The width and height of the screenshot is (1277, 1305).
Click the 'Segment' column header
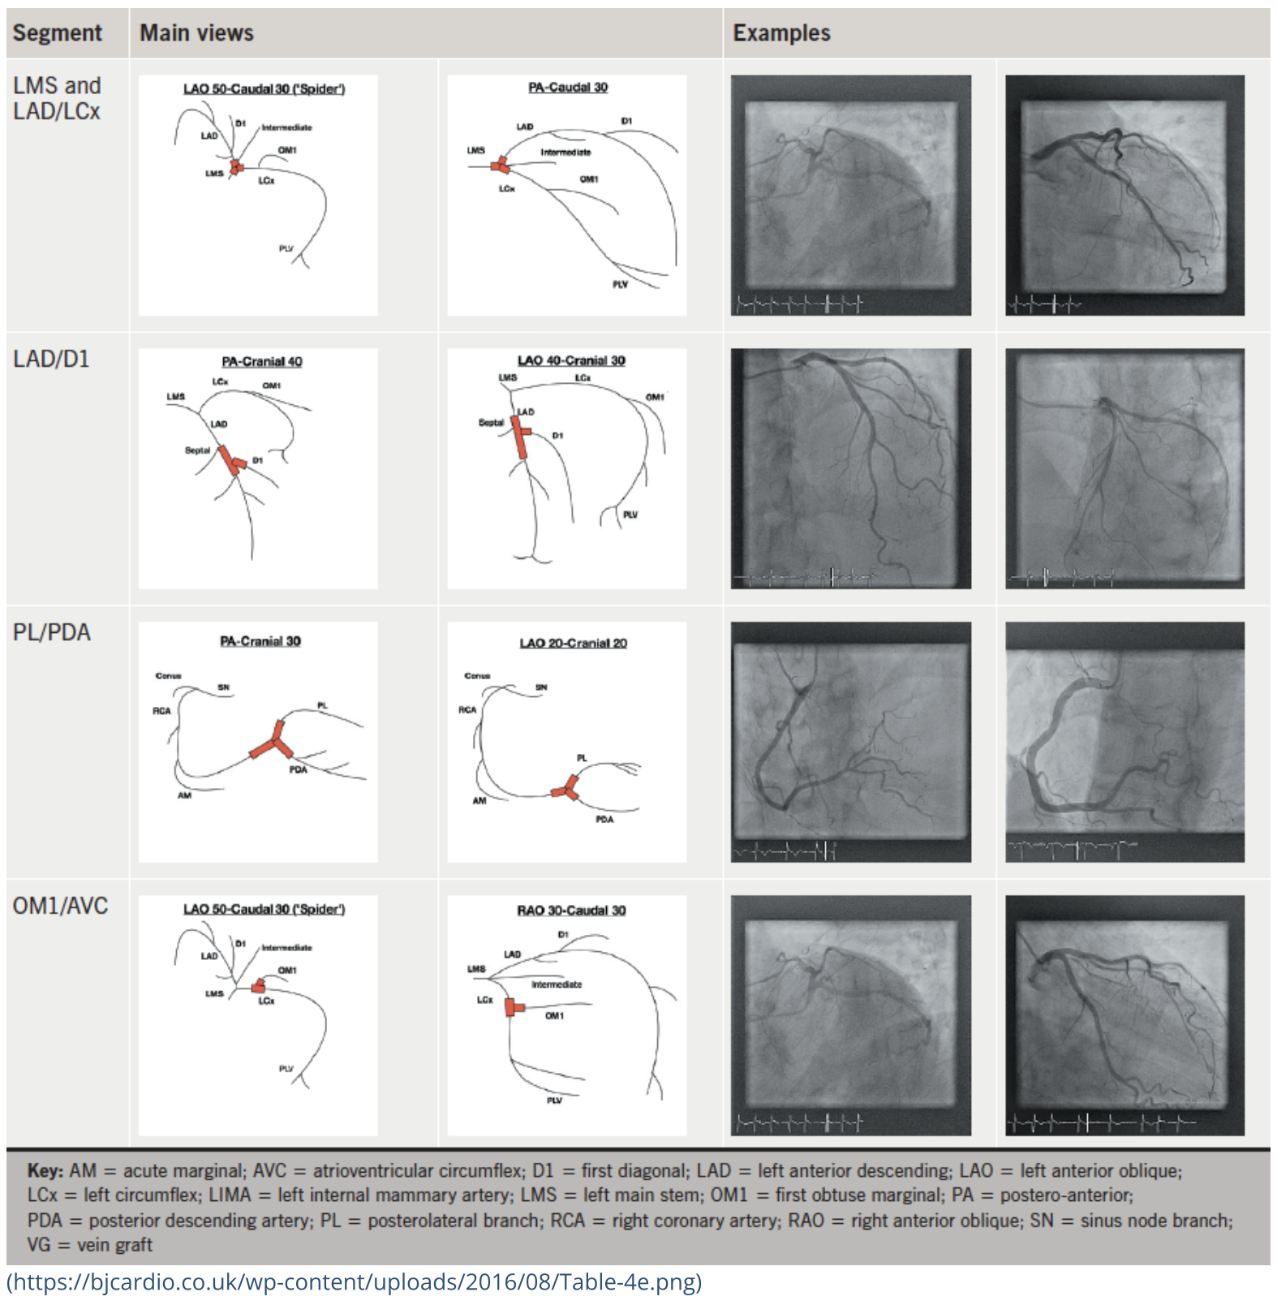point(57,33)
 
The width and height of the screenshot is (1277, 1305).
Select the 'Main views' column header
point(196,33)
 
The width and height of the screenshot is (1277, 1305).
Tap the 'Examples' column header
point(781,33)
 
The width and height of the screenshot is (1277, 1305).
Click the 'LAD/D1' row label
point(51,360)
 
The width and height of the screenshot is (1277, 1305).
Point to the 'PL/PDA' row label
point(51,633)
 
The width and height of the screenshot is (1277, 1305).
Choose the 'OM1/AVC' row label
point(60,907)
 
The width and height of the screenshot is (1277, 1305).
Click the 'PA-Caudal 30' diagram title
point(568,88)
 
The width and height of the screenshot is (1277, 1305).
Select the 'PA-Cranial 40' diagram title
point(261,362)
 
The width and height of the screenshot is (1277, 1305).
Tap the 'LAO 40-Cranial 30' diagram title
point(571,360)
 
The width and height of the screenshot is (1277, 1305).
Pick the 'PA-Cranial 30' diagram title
point(260,641)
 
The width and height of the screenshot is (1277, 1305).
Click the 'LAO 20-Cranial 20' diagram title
point(573,643)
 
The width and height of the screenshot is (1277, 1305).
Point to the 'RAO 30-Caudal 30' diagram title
point(571,911)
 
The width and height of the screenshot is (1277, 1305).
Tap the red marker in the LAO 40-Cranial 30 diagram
point(520,435)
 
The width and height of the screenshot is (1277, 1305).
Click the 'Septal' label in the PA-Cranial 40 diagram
point(197,450)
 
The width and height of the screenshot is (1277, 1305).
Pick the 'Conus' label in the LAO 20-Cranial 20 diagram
point(477,675)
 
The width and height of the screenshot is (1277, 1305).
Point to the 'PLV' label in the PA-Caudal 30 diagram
point(620,284)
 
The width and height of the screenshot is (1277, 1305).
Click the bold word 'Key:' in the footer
point(45,1171)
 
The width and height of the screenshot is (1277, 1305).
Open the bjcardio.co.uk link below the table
point(354,1282)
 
